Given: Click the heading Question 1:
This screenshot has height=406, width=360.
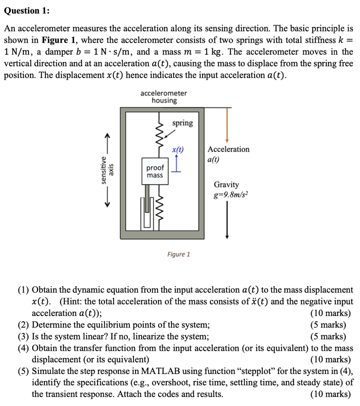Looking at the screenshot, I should pyautogui.click(x=27, y=11).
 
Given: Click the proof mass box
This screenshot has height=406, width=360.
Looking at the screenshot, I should pyautogui.click(x=155, y=171).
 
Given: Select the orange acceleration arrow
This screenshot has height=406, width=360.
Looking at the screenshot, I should pyautogui.click(x=227, y=124).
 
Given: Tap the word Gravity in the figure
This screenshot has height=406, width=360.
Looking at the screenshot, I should pyautogui.click(x=226, y=185).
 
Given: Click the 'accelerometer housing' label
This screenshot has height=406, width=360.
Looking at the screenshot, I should pyautogui.click(x=164, y=97).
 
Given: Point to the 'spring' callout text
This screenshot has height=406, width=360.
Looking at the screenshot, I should pyautogui.click(x=182, y=123).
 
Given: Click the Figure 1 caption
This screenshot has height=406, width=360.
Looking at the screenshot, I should pyautogui.click(x=178, y=254).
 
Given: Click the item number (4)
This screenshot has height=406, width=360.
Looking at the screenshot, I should pyautogui.click(x=23, y=348).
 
